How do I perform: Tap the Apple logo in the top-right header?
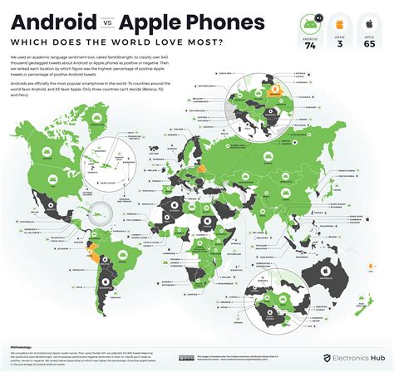pos(371,26)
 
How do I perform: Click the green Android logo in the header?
pos(313,26)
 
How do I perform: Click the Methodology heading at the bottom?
pos(25,340)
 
